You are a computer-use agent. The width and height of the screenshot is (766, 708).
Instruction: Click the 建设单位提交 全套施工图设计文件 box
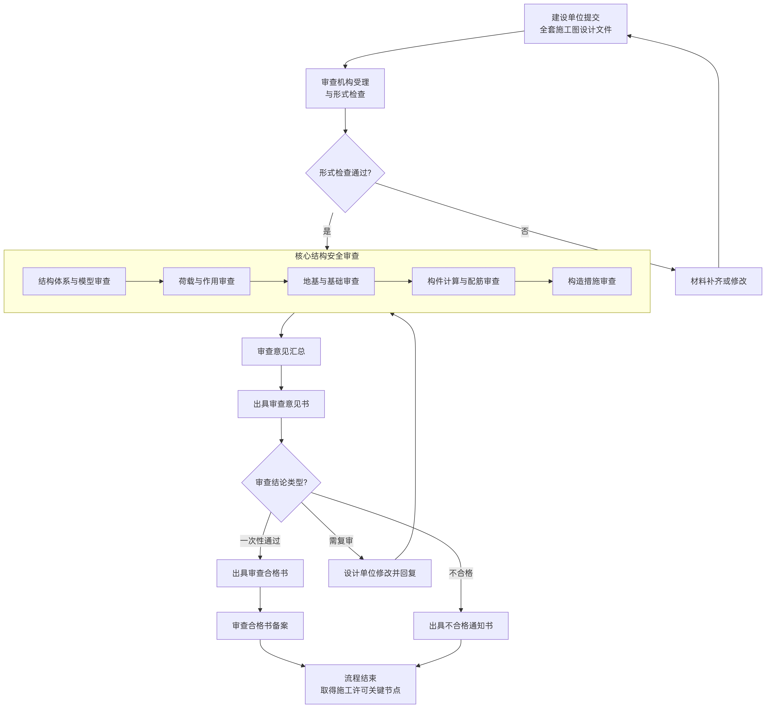(575, 24)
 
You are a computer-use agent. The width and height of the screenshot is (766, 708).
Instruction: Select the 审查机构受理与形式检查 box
(345, 89)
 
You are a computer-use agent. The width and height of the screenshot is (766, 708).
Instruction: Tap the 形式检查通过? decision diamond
(345, 173)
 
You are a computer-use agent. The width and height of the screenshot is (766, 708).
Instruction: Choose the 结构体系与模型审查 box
(74, 281)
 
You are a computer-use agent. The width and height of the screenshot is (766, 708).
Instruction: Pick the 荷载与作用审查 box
(206, 281)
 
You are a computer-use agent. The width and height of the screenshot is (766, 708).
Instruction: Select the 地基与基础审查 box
(331, 281)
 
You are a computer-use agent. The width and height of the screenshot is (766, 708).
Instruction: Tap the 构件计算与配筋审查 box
(463, 281)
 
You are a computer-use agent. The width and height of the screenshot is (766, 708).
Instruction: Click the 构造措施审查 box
(592, 281)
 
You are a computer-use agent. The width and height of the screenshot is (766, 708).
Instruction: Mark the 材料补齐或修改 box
(719, 281)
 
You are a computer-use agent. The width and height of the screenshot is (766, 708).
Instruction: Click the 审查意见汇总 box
(281, 351)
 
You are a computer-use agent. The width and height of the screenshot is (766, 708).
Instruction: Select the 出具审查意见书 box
(281, 404)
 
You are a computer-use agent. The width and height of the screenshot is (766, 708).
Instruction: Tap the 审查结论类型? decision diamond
(281, 482)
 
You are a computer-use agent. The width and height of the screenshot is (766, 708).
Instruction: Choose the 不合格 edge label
(461, 573)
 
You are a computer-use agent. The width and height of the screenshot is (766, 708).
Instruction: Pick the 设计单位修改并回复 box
(380, 573)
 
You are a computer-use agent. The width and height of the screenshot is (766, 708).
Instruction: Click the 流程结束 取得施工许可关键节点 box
(360, 684)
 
